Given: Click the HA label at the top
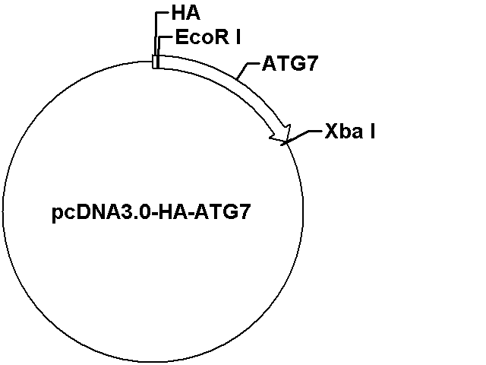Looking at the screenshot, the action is point(185,14).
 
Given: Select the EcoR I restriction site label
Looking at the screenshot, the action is point(208,37).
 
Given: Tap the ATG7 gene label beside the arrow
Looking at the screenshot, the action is point(290,63).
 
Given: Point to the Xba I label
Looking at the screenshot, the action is point(350,132).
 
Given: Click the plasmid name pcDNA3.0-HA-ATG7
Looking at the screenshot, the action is point(150,213).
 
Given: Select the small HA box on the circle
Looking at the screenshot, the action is point(156,62).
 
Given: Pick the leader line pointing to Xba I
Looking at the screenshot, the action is point(301,137).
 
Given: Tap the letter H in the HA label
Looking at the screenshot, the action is point(178,14).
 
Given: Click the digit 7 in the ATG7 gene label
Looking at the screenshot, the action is point(312,64).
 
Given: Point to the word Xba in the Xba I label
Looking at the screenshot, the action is point(344,132).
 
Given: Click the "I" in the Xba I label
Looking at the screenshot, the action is point(373,132).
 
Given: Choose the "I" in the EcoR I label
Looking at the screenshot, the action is point(238,37).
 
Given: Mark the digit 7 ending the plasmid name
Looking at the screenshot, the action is point(244,212).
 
